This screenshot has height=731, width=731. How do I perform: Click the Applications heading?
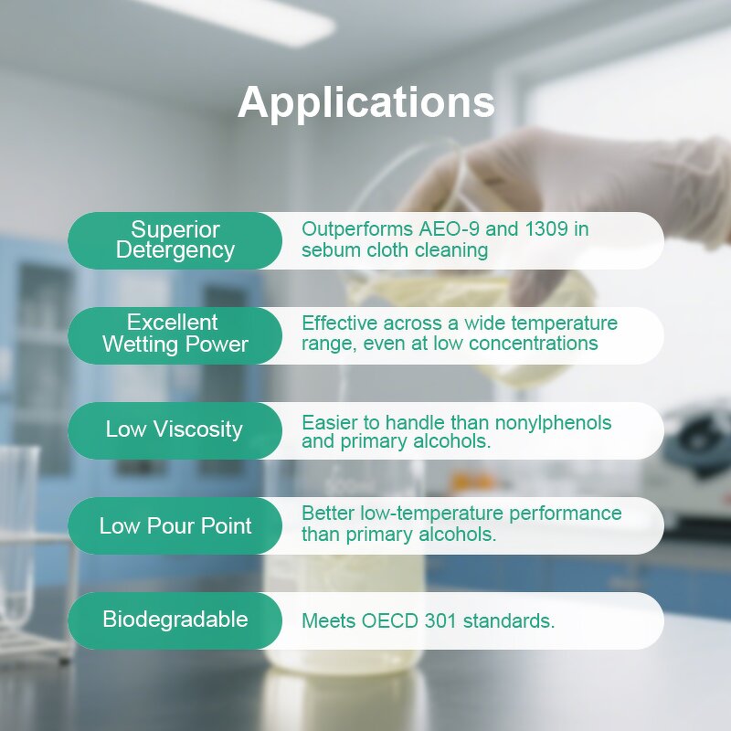tap(365, 102)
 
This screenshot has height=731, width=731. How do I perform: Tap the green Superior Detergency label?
tap(175, 240)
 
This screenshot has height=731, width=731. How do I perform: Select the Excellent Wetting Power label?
tap(175, 334)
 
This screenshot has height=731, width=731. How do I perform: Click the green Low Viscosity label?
tap(175, 429)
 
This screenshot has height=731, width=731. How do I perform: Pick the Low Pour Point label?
tap(175, 525)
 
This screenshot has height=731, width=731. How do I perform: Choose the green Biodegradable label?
tap(175, 620)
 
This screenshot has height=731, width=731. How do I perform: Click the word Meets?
tap(328, 621)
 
